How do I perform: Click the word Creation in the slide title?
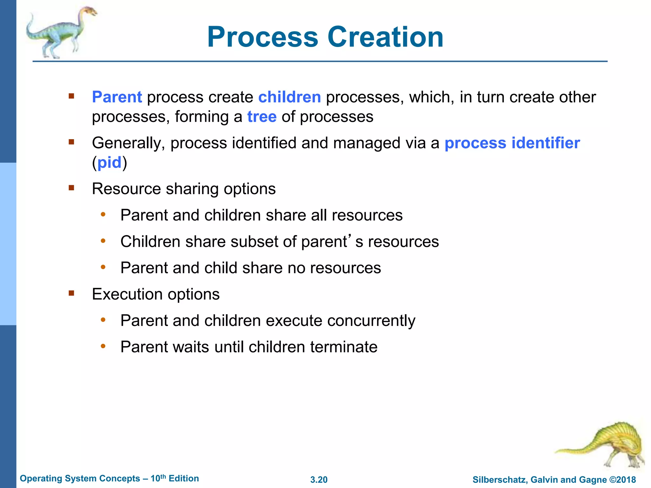[x=385, y=37]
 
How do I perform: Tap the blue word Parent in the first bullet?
[x=117, y=97]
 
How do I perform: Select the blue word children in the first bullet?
[x=289, y=97]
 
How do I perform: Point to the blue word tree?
[x=262, y=117]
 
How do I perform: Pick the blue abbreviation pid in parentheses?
[x=109, y=163]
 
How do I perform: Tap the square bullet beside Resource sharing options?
[x=71, y=188]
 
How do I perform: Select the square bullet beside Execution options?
[x=71, y=293]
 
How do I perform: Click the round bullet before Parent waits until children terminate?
[x=103, y=346]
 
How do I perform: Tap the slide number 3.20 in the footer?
[x=319, y=480]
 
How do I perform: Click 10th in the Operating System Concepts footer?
[x=158, y=478]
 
